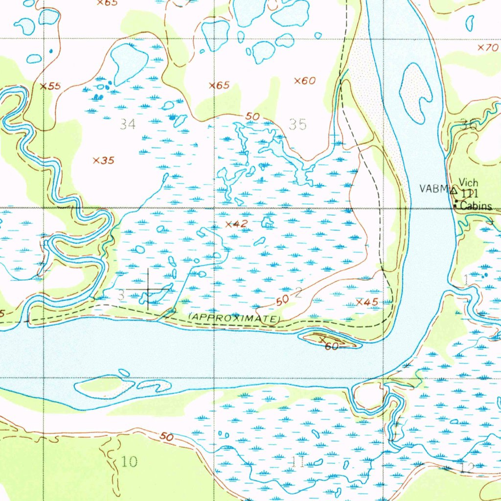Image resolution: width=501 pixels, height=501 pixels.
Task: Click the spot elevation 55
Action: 50,87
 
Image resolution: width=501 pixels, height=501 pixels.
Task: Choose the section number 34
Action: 128,124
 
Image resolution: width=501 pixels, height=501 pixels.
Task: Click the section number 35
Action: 298,124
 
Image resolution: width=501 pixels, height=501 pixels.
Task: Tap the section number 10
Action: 129,461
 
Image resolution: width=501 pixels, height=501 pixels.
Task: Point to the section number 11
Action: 299,463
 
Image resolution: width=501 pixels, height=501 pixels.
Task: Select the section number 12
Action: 467,468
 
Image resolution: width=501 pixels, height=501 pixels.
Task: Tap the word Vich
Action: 468,183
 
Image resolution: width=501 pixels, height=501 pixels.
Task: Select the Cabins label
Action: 476,206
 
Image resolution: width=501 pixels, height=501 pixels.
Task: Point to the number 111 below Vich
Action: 469,194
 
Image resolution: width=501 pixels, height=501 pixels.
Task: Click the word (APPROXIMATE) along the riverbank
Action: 234,318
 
